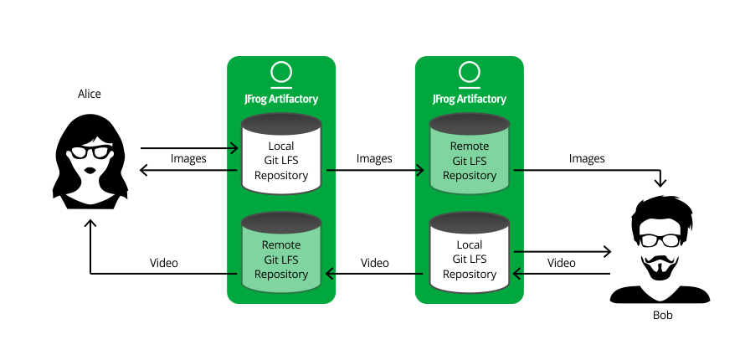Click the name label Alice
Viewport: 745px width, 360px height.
(x=90, y=94)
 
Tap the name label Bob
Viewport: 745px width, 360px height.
(x=662, y=316)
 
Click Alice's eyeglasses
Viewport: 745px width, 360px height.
(x=90, y=152)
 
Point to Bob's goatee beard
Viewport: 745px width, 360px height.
(x=660, y=269)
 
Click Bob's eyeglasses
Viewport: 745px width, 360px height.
(x=660, y=239)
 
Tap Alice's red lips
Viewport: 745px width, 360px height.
(x=90, y=171)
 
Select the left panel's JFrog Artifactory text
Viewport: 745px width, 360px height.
(x=281, y=99)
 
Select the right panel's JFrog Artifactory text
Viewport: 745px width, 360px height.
(x=470, y=99)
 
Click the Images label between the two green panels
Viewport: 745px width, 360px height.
(x=374, y=158)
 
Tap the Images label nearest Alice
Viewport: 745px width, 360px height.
(x=188, y=158)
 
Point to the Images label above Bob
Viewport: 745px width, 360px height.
(x=587, y=158)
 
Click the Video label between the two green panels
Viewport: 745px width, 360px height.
(x=374, y=263)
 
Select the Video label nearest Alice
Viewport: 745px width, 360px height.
(x=164, y=263)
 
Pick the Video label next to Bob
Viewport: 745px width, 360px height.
(x=562, y=263)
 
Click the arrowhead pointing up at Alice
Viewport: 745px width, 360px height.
(x=90, y=225)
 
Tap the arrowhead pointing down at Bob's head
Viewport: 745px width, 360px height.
(x=661, y=182)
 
